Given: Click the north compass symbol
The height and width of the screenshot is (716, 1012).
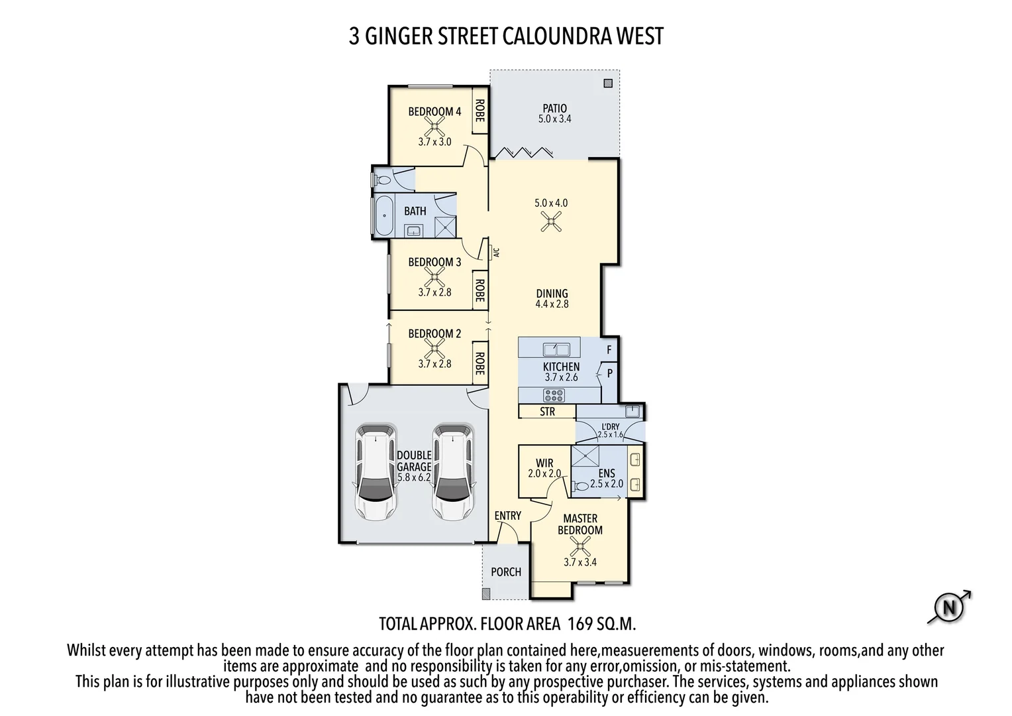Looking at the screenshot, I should (949, 607).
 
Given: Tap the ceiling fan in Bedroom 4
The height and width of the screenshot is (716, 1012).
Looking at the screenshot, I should (434, 125).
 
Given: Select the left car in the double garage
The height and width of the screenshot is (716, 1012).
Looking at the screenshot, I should (376, 472).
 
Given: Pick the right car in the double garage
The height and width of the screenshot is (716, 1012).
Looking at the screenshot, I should (453, 472).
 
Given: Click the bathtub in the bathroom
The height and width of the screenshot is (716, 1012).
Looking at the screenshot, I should (383, 215).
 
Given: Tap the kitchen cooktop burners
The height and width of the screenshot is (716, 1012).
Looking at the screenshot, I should (554, 396).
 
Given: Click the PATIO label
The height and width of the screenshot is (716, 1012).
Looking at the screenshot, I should (554, 108).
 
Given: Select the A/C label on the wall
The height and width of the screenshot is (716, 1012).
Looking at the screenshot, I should (496, 252).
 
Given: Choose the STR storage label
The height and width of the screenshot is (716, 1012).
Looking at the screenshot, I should (547, 412).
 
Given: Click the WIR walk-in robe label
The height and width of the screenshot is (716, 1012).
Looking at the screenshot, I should (544, 463).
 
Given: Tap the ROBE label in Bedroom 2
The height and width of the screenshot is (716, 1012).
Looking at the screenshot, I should (480, 363).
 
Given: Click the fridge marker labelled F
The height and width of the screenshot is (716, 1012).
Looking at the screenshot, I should (609, 349).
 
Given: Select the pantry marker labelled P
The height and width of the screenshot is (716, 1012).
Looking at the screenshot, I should (610, 373).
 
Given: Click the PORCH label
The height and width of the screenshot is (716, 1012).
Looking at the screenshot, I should (506, 571).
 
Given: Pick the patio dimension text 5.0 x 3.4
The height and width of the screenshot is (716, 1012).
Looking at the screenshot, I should (554, 119).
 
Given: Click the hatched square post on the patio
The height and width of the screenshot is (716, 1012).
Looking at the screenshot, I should (608, 84).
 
